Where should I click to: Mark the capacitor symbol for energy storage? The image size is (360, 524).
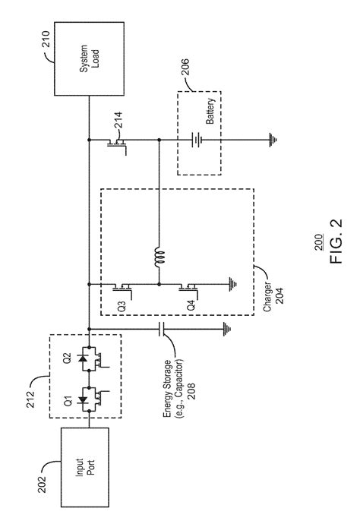tap(159, 327)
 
